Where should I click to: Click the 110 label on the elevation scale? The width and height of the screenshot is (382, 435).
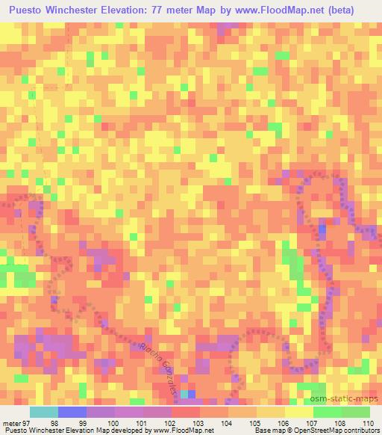coord(368,423)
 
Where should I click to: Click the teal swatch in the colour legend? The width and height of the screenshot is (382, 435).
coord(44,412)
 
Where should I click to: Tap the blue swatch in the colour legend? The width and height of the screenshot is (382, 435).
coord(72,412)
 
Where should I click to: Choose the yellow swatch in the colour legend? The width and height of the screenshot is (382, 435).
coord(299,412)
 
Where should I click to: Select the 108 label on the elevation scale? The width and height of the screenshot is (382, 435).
coord(339,423)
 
